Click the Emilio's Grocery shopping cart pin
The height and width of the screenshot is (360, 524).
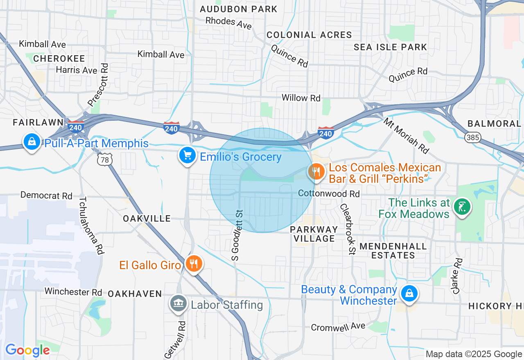pyautogui.click(x=187, y=155)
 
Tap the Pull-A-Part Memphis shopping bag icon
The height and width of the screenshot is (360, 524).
pyautogui.click(x=32, y=142)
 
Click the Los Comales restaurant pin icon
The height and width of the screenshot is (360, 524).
pyautogui.click(x=316, y=171)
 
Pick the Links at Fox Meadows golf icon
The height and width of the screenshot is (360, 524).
pyautogui.click(x=462, y=207)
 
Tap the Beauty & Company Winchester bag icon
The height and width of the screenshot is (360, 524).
pyautogui.click(x=409, y=293)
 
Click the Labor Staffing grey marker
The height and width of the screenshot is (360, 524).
pyautogui.click(x=178, y=304)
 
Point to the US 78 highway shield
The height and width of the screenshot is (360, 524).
pyautogui.click(x=105, y=160)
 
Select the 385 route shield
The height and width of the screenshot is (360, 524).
pyautogui.click(x=473, y=137)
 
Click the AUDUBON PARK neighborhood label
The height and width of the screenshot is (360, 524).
pyautogui.click(x=238, y=9)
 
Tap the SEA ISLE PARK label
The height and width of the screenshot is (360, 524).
pyautogui.click(x=390, y=47)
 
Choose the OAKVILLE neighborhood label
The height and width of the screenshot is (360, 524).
pyautogui.click(x=147, y=218)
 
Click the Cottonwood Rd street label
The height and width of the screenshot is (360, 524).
pyautogui.click(x=329, y=193)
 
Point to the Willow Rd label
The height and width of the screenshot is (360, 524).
pyautogui.click(x=301, y=98)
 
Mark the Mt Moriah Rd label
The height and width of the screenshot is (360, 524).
pyautogui.click(x=407, y=136)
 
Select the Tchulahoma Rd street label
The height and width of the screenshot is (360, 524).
pyautogui.click(x=91, y=225)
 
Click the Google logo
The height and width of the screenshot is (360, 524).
pyautogui.click(x=27, y=351)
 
